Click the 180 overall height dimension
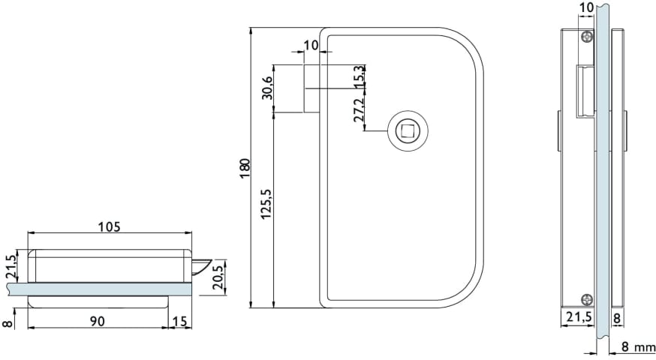pyautogui.click(x=245, y=168)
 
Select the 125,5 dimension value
pyautogui.click(x=266, y=204)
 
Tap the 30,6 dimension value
pyautogui.click(x=267, y=88)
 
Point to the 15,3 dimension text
pyautogui.click(x=359, y=76)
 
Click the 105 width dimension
pyautogui.click(x=109, y=226)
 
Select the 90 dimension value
pyautogui.click(x=98, y=321)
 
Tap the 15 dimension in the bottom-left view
pyautogui.click(x=179, y=321)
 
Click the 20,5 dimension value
pyautogui.click(x=218, y=277)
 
